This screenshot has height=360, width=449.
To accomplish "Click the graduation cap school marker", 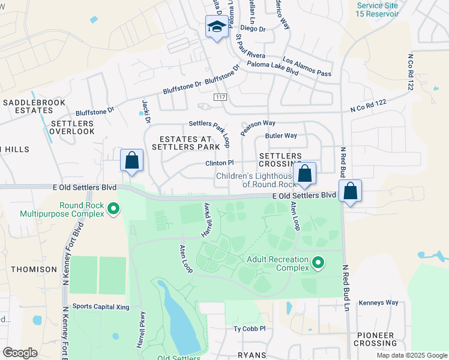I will tap(216, 27).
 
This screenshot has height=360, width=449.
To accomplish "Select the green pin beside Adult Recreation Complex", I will tap(318, 262).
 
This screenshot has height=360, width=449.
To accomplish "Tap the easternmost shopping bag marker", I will tap(351, 192).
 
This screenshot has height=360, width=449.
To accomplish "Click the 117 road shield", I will tap(220, 97).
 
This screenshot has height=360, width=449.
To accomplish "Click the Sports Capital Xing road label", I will tap(101, 306).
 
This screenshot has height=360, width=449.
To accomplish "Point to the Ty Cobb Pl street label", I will tap(249, 329).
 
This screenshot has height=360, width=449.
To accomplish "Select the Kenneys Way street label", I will tap(378, 302).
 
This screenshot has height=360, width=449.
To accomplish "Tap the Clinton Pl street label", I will tap(219, 163).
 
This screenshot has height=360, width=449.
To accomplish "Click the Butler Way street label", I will tap(282, 136).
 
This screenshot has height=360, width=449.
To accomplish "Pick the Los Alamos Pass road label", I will tap(307, 67).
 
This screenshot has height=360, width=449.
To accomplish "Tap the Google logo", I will tap(20, 353).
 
